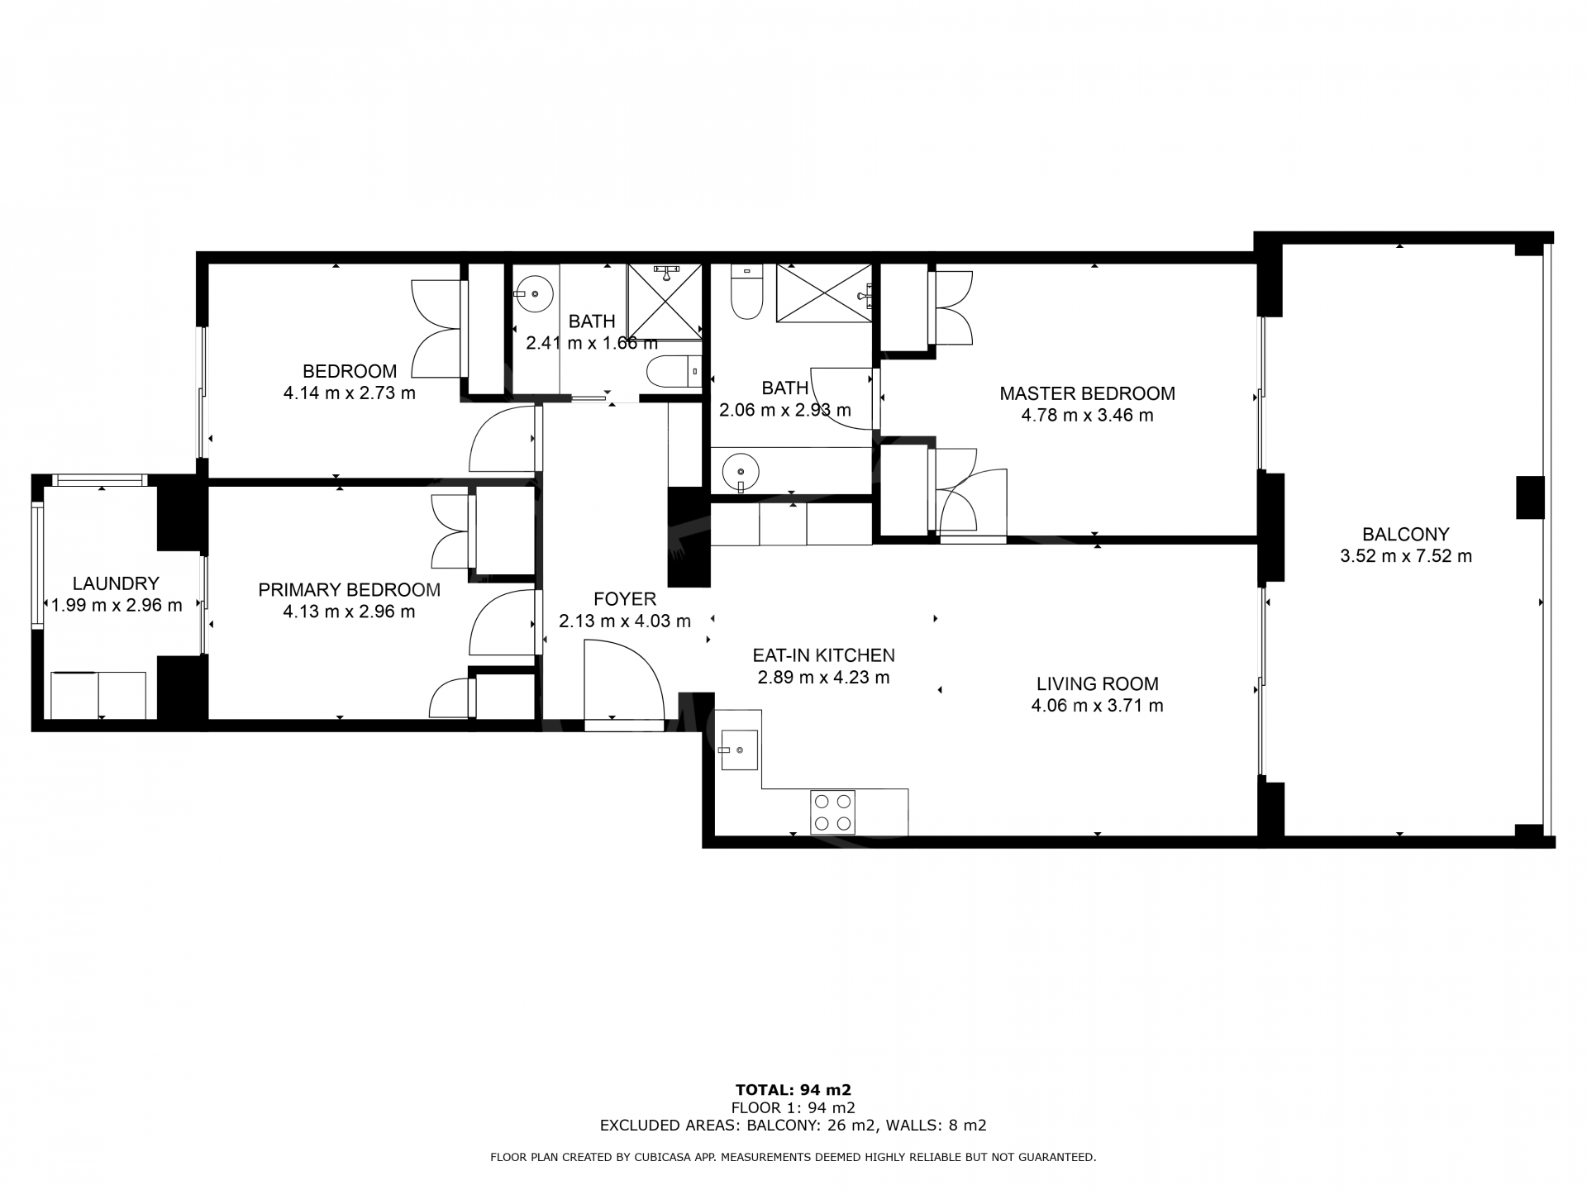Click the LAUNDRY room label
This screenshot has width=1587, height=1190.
coord(116,583)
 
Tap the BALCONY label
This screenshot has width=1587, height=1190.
coord(1406,534)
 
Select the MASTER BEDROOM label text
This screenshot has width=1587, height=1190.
coord(1087,393)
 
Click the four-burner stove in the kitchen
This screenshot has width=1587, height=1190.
coord(832,812)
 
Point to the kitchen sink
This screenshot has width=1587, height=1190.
coord(739,750)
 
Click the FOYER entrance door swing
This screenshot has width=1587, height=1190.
coord(624,684)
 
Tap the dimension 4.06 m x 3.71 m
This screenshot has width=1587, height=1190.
coord(1097,706)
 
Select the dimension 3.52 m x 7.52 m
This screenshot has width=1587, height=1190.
coord(1406,556)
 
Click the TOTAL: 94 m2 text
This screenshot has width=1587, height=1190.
coord(793,1089)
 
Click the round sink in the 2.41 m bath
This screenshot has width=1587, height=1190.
coord(535,293)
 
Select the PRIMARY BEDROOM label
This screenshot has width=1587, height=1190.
coord(349,590)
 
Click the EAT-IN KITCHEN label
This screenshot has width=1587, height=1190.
coord(823,655)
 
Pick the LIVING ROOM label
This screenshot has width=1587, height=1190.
coord(1098,683)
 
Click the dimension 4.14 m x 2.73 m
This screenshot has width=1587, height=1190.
coord(350,393)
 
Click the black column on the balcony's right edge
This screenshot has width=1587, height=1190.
coord(1530,497)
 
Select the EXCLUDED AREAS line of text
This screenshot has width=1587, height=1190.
coord(793,1125)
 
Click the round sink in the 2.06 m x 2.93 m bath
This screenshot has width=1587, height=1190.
coord(741,472)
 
